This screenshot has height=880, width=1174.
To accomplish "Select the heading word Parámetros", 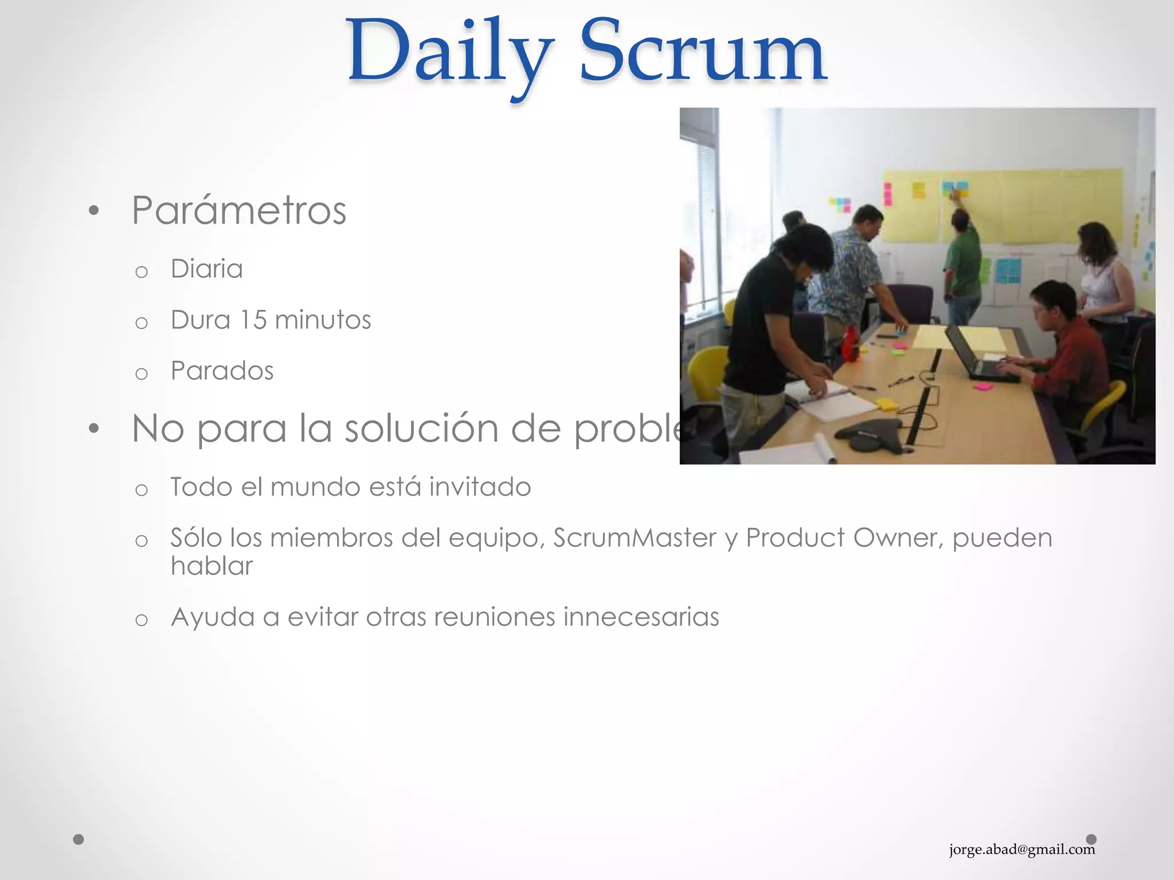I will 239,210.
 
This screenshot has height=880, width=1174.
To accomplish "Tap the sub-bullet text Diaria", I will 206,269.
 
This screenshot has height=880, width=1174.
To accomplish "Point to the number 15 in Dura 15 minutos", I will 253,320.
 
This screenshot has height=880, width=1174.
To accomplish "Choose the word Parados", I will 222,371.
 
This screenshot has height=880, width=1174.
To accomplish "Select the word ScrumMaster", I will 635,538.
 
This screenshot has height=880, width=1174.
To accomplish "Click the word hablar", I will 212,566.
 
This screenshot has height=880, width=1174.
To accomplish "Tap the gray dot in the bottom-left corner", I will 79,839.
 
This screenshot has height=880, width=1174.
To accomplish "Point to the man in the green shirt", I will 963,264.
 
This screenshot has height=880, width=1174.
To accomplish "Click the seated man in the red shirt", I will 1066,349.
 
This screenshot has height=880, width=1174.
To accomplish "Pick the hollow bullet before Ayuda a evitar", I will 142,619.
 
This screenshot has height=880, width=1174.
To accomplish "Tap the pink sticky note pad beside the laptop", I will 983,387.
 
